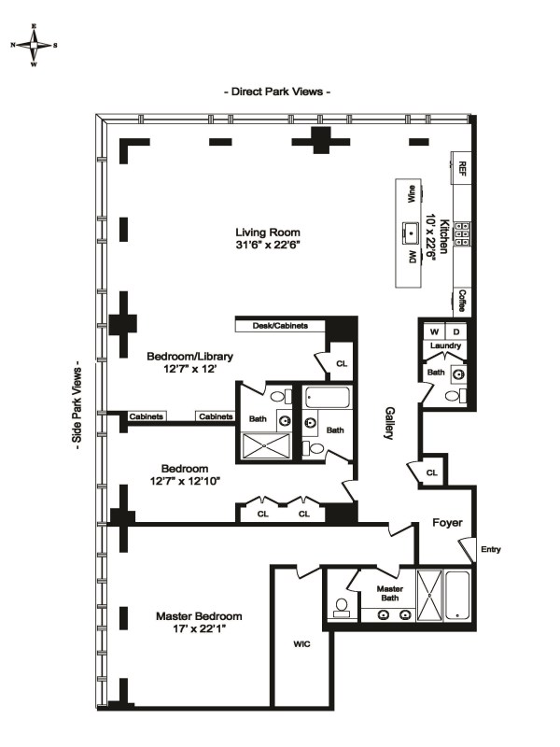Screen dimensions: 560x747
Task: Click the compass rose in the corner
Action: [34, 45]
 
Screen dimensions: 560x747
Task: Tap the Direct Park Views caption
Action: [277, 92]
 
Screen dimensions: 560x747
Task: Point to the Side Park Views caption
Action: [77, 404]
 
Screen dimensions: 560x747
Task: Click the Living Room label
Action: [268, 233]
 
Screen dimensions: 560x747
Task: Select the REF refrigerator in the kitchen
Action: [461, 168]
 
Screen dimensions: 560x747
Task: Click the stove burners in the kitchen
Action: [461, 234]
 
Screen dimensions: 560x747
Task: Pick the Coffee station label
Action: [462, 301]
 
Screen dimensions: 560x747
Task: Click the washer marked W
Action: [434, 331]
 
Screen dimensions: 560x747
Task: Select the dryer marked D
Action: [456, 331]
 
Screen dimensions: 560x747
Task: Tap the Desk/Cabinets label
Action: [280, 326]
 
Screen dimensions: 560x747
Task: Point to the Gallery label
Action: [389, 423]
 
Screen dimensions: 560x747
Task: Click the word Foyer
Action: [447, 523]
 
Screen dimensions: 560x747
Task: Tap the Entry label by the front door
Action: [491, 549]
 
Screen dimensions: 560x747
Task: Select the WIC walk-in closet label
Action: [301, 644]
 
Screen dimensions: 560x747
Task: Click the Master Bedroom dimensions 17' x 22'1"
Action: [199, 628]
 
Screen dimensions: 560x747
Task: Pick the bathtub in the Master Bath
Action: [457, 595]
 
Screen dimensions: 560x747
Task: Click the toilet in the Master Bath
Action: [342, 607]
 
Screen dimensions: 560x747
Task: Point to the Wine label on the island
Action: [411, 194]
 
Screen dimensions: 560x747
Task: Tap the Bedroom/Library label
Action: [189, 357]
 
